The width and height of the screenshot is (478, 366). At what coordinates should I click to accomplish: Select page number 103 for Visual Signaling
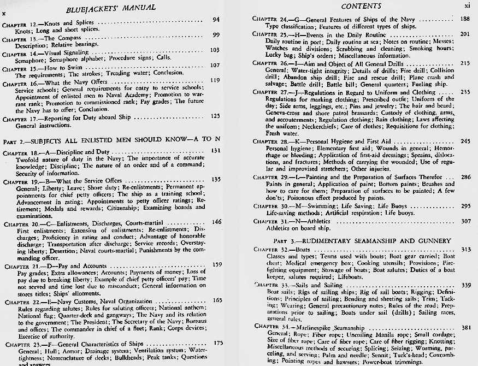pyautogui.click(x=215, y=49)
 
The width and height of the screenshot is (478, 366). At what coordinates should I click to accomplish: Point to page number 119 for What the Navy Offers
pyautogui.click(x=215, y=80)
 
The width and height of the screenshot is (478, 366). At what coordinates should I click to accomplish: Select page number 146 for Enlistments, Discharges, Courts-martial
pyautogui.click(x=216, y=222)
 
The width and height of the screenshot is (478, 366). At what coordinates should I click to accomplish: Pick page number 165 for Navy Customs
pyautogui.click(x=216, y=300)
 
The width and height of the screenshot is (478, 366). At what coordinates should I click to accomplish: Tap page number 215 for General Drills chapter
pyautogui.click(x=465, y=63)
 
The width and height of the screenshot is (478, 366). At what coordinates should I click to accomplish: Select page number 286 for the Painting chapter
pyautogui.click(x=465, y=177)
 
